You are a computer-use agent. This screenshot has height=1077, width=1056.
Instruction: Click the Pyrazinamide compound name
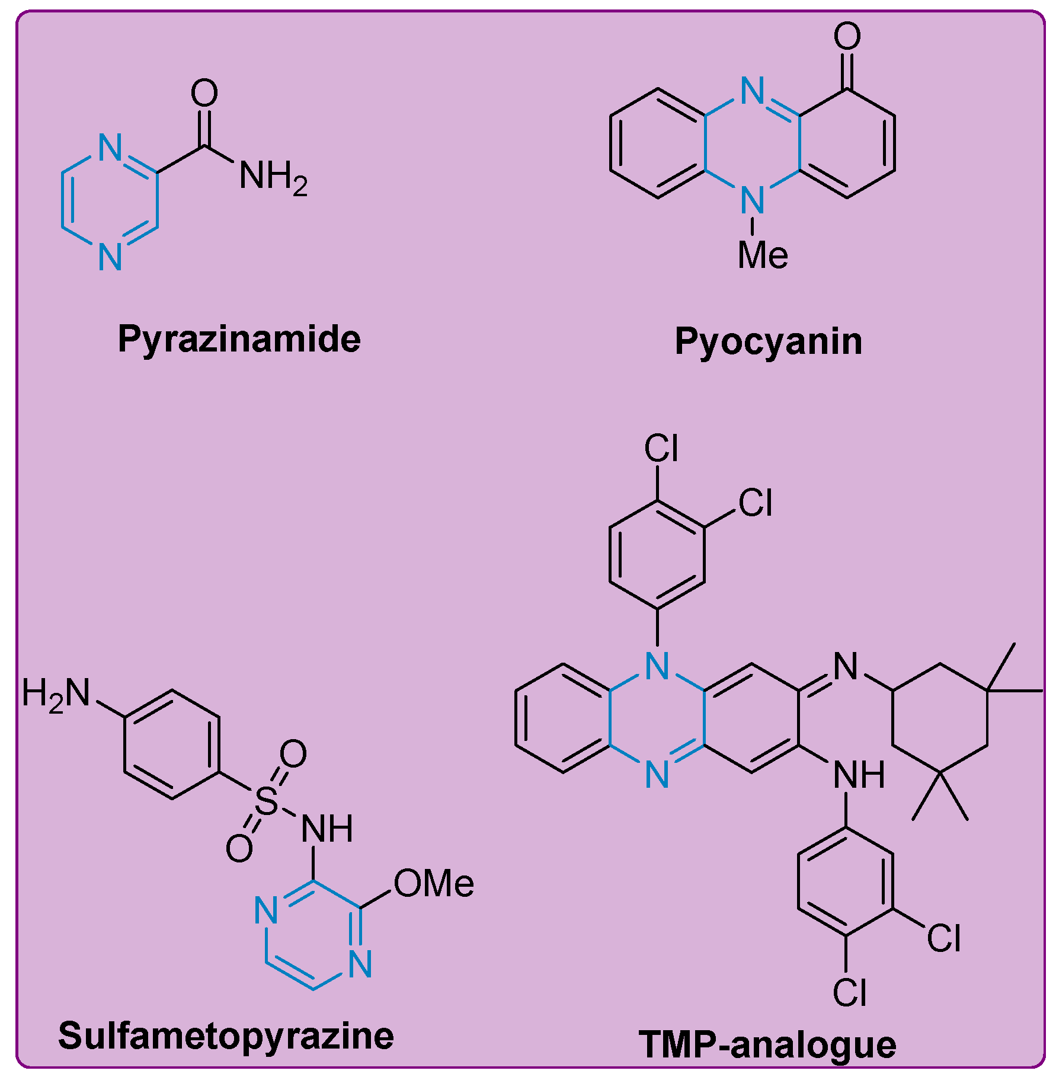coord(239,339)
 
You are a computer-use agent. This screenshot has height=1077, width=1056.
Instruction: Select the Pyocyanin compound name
coord(768,341)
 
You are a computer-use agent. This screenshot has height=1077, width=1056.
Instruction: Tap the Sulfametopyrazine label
coord(226,1036)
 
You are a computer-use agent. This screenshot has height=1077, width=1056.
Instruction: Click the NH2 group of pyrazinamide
coord(273,176)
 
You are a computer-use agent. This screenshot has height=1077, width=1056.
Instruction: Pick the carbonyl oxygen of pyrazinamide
coord(204,93)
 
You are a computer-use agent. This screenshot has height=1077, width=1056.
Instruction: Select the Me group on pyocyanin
coord(763,255)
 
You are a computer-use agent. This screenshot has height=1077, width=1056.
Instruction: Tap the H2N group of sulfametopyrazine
coord(56,694)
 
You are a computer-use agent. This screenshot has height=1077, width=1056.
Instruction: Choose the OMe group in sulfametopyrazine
coord(434,884)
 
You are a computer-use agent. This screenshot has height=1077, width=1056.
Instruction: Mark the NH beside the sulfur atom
coord(327,828)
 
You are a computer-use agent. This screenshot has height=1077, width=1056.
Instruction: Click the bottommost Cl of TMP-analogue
coord(849,993)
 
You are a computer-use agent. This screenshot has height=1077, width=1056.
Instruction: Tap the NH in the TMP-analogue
coord(859,775)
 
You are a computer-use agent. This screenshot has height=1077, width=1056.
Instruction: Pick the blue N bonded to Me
coord(753,200)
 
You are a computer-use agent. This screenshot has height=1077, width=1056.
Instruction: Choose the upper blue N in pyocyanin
coord(753,91)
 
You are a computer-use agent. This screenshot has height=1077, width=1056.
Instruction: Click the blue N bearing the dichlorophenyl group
coord(657,666)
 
